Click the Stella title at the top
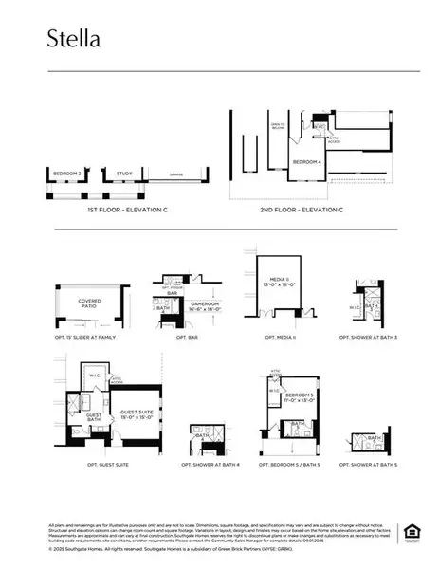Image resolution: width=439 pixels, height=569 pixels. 74,38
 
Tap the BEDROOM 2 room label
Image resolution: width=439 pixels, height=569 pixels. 65,174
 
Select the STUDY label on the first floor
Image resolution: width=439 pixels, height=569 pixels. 124,174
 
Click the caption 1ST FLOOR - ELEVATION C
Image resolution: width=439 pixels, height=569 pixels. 128,208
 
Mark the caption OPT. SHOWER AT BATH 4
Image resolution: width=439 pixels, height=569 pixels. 210,465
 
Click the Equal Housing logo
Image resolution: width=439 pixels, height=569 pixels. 412,531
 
